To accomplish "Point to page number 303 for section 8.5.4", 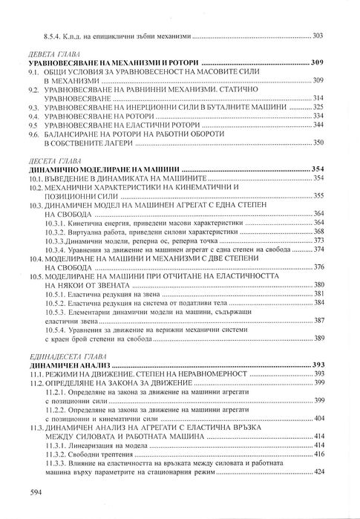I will coord(320,36).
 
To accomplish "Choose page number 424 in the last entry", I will coord(320,471).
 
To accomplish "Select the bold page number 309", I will coord(319,65).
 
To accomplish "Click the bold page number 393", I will coord(319,365).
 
